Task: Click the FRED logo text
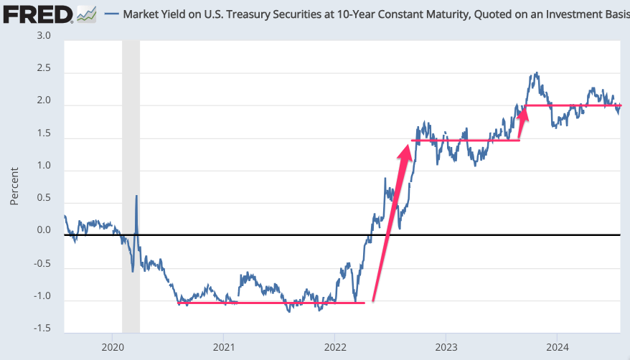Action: (37, 15)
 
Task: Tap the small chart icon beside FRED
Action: (87, 14)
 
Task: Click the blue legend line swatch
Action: (112, 14)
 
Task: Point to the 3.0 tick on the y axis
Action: (44, 36)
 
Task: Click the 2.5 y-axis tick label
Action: (44, 68)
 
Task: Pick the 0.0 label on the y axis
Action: (44, 230)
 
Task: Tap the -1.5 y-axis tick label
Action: (42, 328)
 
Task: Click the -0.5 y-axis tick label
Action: (42, 264)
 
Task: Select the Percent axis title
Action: (14, 186)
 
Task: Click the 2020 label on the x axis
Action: (113, 347)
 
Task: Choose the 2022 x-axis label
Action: (335, 347)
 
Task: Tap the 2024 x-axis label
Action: (558, 347)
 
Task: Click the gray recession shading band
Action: (131, 186)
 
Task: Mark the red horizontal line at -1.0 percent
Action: (271, 303)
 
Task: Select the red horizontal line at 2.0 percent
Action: (573, 105)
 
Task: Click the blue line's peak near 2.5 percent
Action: (537, 73)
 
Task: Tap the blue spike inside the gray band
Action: (136, 196)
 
